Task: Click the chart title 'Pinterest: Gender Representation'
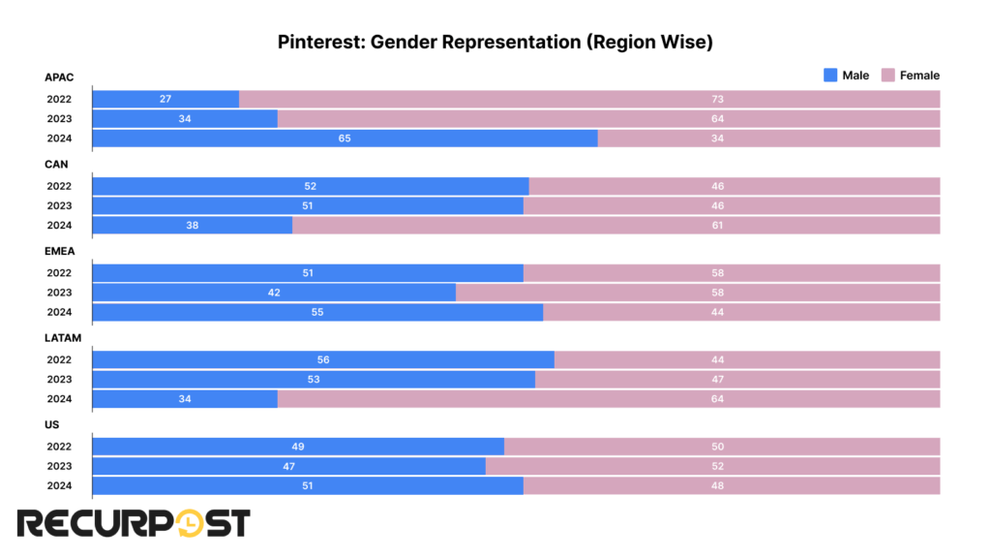(x=495, y=42)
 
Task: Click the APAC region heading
(x=58, y=77)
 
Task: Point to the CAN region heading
(x=56, y=165)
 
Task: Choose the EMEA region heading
(x=59, y=251)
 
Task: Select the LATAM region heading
(x=62, y=338)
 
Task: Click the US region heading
(x=52, y=424)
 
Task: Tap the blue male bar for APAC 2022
(x=165, y=99)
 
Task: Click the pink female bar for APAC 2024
(x=768, y=139)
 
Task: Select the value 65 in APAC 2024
(x=345, y=139)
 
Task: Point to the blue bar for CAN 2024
(x=193, y=225)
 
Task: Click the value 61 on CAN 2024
(x=717, y=225)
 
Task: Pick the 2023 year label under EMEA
(x=59, y=293)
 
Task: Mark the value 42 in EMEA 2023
(x=274, y=293)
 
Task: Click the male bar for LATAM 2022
(x=323, y=359)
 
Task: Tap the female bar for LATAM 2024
(x=609, y=398)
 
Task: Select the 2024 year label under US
(x=59, y=485)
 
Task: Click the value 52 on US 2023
(x=717, y=466)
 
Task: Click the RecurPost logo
(x=133, y=523)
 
